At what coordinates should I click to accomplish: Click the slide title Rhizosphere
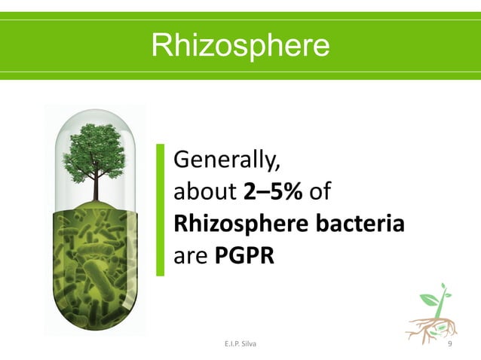click(x=240, y=45)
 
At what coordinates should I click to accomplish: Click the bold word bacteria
click(x=362, y=224)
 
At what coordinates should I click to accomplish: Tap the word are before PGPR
click(x=191, y=256)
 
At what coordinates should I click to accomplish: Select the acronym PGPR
click(x=244, y=256)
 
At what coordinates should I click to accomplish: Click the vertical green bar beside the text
click(x=160, y=209)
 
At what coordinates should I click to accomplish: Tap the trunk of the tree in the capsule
click(x=96, y=189)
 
